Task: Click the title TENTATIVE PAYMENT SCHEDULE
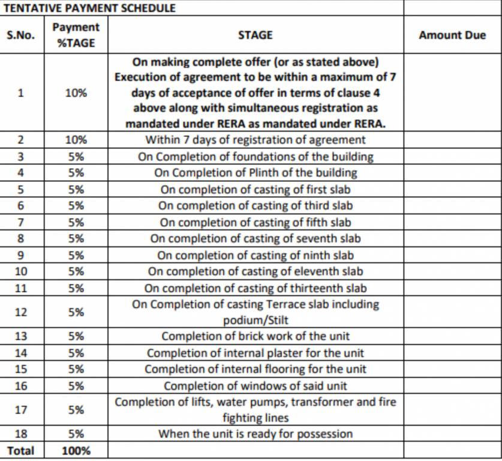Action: coord(90,8)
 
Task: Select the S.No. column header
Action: coord(21,35)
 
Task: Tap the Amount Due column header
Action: coord(452,35)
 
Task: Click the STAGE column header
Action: coord(255,35)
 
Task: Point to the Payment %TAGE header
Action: coord(76,35)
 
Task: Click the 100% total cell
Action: coord(76,450)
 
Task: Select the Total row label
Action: coord(21,450)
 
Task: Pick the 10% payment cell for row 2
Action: coord(76,140)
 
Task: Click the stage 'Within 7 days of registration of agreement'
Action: coord(255,140)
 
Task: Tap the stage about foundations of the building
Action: coord(255,157)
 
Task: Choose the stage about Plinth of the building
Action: coord(255,173)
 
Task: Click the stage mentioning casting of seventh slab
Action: coord(255,238)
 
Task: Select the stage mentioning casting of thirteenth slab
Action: coord(255,288)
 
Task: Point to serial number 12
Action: coord(21,312)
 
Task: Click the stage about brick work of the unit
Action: coord(255,336)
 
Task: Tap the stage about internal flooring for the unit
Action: coord(255,369)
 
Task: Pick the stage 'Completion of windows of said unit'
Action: coord(255,385)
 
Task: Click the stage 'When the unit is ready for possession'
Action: coord(255,433)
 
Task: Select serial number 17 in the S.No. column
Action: coord(21,410)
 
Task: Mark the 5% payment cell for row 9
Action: coord(76,255)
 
